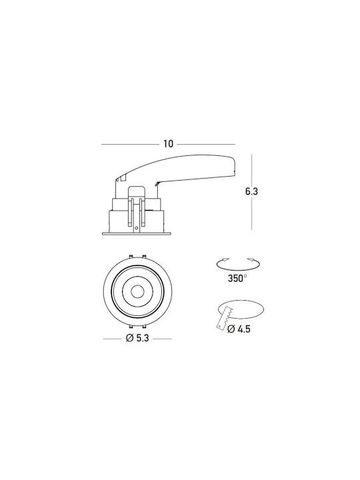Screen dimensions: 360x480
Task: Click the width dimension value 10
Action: coord(168,143)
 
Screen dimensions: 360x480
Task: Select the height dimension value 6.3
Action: coord(251,191)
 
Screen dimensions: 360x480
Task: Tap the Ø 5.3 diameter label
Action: coord(137,338)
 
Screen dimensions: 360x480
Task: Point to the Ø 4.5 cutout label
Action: coord(239,329)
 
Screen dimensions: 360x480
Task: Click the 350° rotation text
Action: coord(237,279)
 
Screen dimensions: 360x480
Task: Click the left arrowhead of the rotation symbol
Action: coord(225,259)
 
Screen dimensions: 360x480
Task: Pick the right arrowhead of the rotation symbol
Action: coord(251,259)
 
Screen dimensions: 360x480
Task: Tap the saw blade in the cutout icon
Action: coord(225,319)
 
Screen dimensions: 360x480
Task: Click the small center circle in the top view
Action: coord(137,291)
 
